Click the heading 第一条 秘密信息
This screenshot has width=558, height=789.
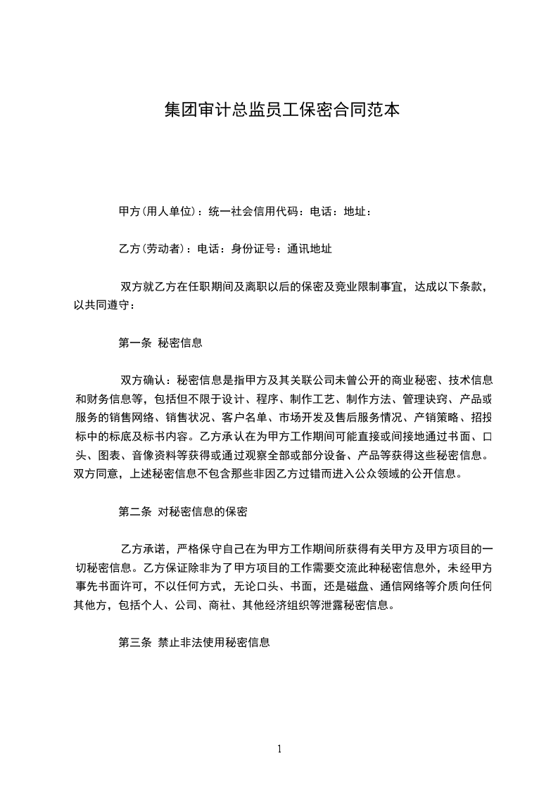(160, 342)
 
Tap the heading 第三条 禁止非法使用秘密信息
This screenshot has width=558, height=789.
(194, 642)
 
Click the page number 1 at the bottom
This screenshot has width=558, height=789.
(279, 749)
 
